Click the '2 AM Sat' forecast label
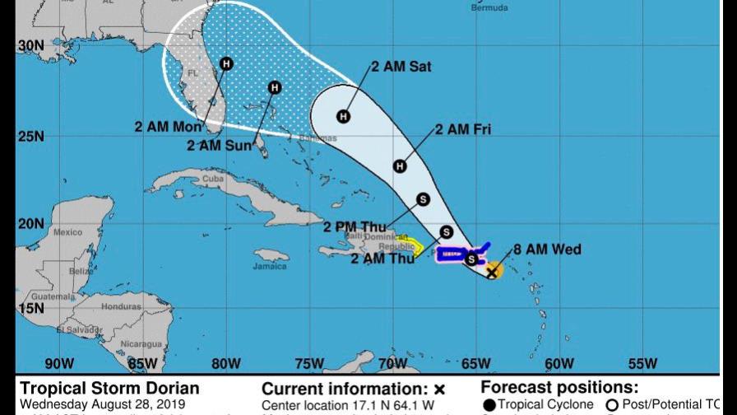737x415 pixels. [401, 67]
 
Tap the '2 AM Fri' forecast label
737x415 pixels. [463, 128]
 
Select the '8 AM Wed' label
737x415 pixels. [548, 249]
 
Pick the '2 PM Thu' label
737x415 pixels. [355, 227]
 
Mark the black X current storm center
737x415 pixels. [492, 272]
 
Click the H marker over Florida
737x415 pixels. [226, 63]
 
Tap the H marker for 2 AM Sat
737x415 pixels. [343, 116]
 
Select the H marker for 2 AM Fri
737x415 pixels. [400, 166]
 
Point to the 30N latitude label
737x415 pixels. [30, 46]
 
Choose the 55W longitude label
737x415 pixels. [642, 363]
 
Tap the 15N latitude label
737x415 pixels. [30, 308]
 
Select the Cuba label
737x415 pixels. [213, 179]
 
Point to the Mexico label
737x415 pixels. [67, 232]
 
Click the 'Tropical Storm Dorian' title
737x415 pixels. [109, 388]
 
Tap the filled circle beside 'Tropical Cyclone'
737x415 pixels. [489, 404]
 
